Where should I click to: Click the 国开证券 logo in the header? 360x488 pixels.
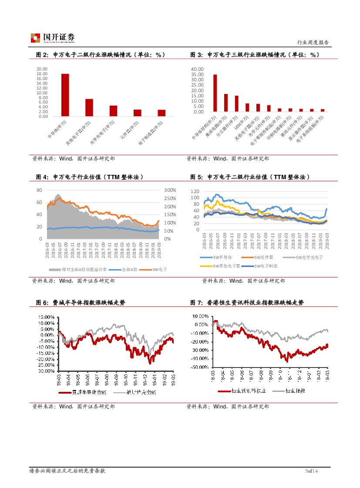(52, 38)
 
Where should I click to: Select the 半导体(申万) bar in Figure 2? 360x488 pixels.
(65, 95)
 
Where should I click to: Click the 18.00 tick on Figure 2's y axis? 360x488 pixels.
(42, 74)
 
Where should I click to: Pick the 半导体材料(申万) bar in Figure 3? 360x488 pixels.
(215, 93)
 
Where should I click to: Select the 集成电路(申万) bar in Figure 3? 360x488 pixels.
(226, 103)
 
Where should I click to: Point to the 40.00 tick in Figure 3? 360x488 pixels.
(197, 69)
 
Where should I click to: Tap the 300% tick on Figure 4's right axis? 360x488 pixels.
(170, 190)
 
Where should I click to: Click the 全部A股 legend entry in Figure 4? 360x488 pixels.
(129, 270)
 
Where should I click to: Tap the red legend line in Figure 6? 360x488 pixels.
(64, 392)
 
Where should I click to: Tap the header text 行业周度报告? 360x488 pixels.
(313, 43)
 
